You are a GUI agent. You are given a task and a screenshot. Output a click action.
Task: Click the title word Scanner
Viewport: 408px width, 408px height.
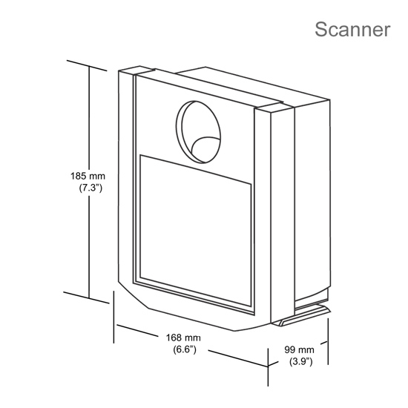coord(352,30)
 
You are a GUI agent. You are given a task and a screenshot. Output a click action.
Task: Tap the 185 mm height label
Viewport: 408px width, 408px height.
coord(88,176)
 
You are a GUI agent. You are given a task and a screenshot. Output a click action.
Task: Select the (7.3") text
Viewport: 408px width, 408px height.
coord(91,188)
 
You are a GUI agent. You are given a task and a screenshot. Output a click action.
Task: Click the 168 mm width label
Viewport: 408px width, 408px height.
coord(183,338)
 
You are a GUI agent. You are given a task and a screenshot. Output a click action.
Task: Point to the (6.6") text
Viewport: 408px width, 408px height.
coord(185,349)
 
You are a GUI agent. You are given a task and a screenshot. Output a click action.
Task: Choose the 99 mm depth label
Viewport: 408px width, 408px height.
coord(299,349)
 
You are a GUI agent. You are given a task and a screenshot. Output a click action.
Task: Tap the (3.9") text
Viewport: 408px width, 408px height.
coord(300,361)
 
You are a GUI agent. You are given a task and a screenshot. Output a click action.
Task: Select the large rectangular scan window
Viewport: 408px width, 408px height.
coord(195,230)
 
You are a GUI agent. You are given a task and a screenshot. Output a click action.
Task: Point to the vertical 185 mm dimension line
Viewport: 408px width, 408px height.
coord(90,182)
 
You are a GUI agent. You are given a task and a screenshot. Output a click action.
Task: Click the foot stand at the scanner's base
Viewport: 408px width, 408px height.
coord(301,316)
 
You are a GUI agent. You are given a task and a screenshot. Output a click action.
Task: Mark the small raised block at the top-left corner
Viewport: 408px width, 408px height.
coord(136,70)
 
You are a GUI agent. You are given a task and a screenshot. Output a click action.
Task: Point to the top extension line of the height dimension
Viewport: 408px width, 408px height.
coord(87,65)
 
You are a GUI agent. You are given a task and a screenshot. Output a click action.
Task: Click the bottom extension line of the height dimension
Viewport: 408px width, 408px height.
coord(86,297)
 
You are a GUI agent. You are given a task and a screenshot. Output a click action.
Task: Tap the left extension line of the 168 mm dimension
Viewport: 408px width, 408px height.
coord(113,317)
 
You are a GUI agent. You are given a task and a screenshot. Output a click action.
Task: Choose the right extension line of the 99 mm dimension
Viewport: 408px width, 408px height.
coord(328,341)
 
